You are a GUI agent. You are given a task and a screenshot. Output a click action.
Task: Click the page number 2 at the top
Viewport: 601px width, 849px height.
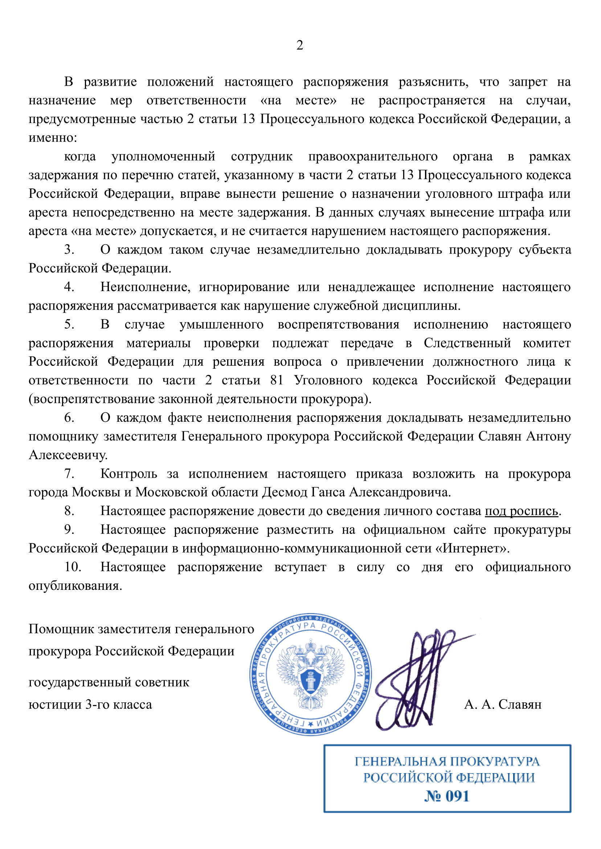point(300,45)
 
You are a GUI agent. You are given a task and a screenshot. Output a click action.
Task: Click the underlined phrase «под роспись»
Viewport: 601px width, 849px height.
point(521,511)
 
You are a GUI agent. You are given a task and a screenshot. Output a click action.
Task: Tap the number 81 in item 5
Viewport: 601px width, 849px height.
point(277,380)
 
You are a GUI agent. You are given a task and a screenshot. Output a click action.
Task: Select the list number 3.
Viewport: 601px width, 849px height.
point(69,250)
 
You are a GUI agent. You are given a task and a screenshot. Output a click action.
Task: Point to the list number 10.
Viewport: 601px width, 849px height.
point(73,567)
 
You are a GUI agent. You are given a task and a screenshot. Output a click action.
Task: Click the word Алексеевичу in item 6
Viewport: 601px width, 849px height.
point(68,455)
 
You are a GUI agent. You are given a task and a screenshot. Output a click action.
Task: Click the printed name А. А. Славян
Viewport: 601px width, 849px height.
point(503,704)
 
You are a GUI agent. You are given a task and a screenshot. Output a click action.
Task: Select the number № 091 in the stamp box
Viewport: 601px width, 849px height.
point(447,796)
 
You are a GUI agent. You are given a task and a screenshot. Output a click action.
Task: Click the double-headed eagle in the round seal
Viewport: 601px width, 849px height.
point(311,674)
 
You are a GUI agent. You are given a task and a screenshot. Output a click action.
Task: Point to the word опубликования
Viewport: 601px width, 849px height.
point(75,586)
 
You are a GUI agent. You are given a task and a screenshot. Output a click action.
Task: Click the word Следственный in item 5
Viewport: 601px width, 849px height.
point(467,343)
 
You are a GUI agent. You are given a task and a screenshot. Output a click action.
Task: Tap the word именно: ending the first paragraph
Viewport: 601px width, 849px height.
point(53,138)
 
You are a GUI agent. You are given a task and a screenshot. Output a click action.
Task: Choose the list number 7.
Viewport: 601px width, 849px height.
point(69,474)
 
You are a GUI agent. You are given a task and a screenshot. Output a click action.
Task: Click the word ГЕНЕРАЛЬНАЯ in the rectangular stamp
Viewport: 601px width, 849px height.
point(400,762)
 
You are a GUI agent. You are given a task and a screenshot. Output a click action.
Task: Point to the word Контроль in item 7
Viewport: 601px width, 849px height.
point(129,474)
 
